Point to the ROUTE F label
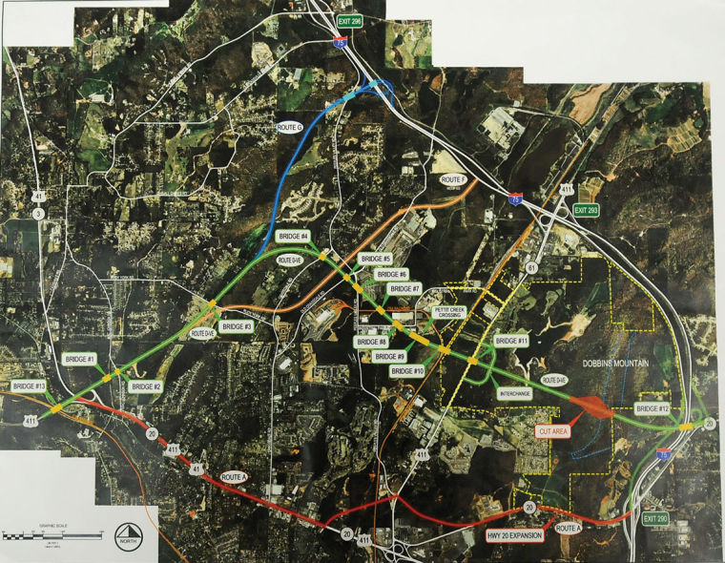(x=452, y=179)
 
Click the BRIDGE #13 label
(x=30, y=386)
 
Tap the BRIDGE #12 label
(x=652, y=408)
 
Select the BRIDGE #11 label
(x=511, y=341)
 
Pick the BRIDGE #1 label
(x=79, y=359)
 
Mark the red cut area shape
(x=593, y=407)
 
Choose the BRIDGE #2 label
(x=145, y=386)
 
